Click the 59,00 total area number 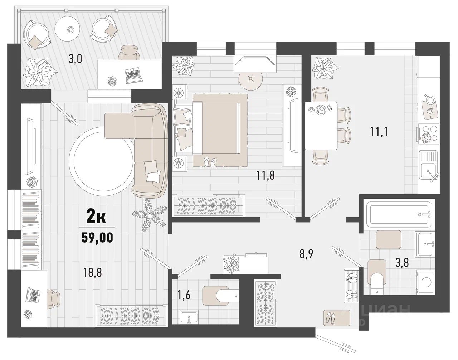[97, 238]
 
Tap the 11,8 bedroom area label [265, 175]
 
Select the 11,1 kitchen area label [379, 132]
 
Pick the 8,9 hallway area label [306, 254]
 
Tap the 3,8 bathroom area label [402, 263]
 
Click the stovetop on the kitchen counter [429, 134]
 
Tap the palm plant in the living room [150, 216]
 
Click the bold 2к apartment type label [96, 219]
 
